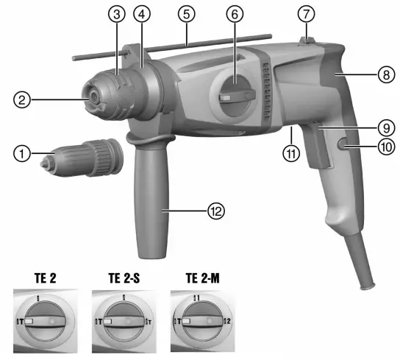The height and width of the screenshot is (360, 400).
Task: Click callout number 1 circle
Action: point(24,155)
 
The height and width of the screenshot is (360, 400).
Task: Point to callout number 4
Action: point(140,14)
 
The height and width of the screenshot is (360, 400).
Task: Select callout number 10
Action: point(383,147)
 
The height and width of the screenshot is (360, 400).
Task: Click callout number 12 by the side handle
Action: point(214,211)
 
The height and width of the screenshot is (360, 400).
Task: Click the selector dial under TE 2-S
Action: point(121,322)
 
